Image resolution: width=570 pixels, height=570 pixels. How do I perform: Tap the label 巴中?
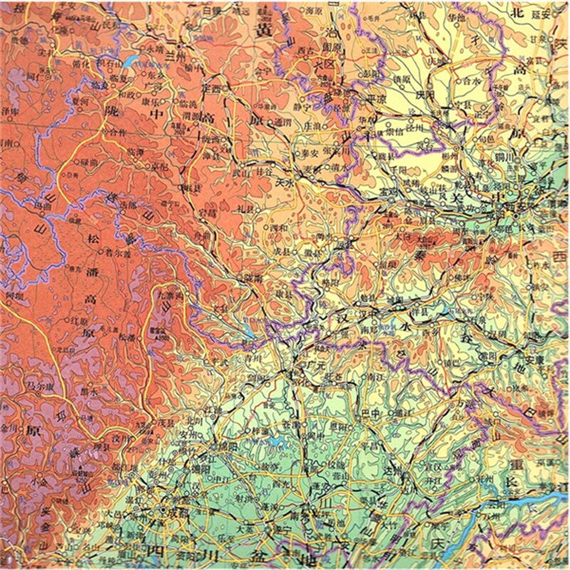[370, 413]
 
